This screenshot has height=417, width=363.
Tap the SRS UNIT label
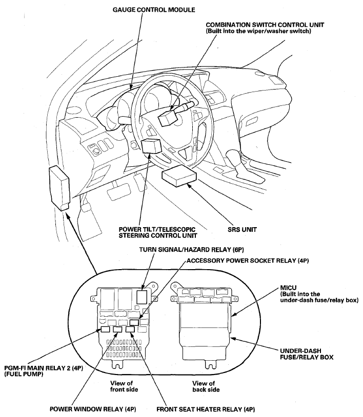[242, 229]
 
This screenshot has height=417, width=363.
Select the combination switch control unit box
[168, 118]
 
